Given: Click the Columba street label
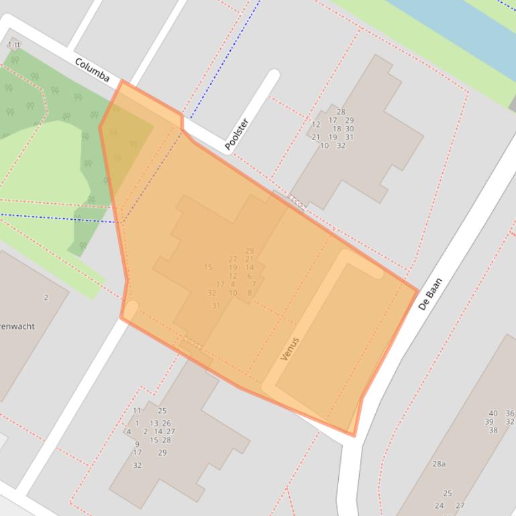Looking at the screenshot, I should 92,70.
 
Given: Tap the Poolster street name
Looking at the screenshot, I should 236,134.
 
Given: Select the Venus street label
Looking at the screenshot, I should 289,348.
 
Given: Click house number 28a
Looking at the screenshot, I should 439,464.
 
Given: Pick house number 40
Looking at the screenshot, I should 493,413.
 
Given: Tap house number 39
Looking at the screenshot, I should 488,422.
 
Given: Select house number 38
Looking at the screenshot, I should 493,431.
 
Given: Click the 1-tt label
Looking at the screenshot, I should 13,45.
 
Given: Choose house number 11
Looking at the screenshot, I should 137,411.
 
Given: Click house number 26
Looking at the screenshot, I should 166,424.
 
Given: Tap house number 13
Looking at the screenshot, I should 154,424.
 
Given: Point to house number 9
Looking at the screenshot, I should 137,444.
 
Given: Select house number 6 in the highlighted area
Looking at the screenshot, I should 250,276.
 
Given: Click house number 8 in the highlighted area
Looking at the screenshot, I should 250,293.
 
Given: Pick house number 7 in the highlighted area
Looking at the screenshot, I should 254,284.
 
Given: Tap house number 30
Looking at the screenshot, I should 350,129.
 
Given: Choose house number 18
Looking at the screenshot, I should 337,129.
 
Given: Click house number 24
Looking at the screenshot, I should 439,506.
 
